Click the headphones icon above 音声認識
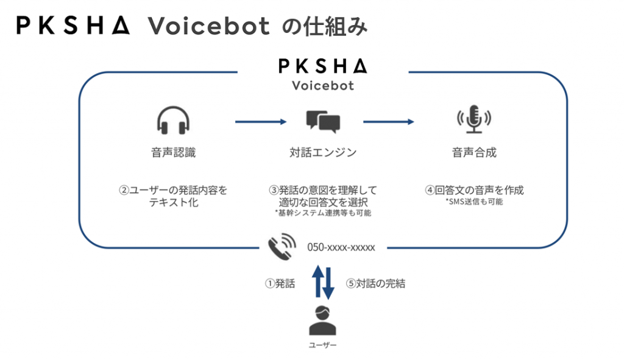pyautogui.click(x=174, y=120)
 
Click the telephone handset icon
pyautogui.click(x=282, y=247)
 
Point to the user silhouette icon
pyautogui.click(x=322, y=321)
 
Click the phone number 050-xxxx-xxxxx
pyautogui.click(x=341, y=247)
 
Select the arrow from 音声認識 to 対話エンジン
pyautogui.click(x=261, y=122)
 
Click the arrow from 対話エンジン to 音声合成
pyautogui.click(x=389, y=122)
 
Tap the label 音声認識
pyautogui.click(x=174, y=152)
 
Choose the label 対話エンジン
pyautogui.click(x=323, y=152)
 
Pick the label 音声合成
pyautogui.click(x=474, y=152)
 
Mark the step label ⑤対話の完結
pyautogui.click(x=375, y=283)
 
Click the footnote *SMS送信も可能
pyautogui.click(x=474, y=202)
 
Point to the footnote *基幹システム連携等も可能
pyautogui.click(x=323, y=213)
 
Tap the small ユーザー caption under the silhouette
pyautogui.click(x=322, y=345)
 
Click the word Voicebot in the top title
pyautogui.click(x=209, y=26)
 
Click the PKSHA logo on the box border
pyautogui.click(x=322, y=65)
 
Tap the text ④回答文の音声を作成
pyautogui.click(x=474, y=190)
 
